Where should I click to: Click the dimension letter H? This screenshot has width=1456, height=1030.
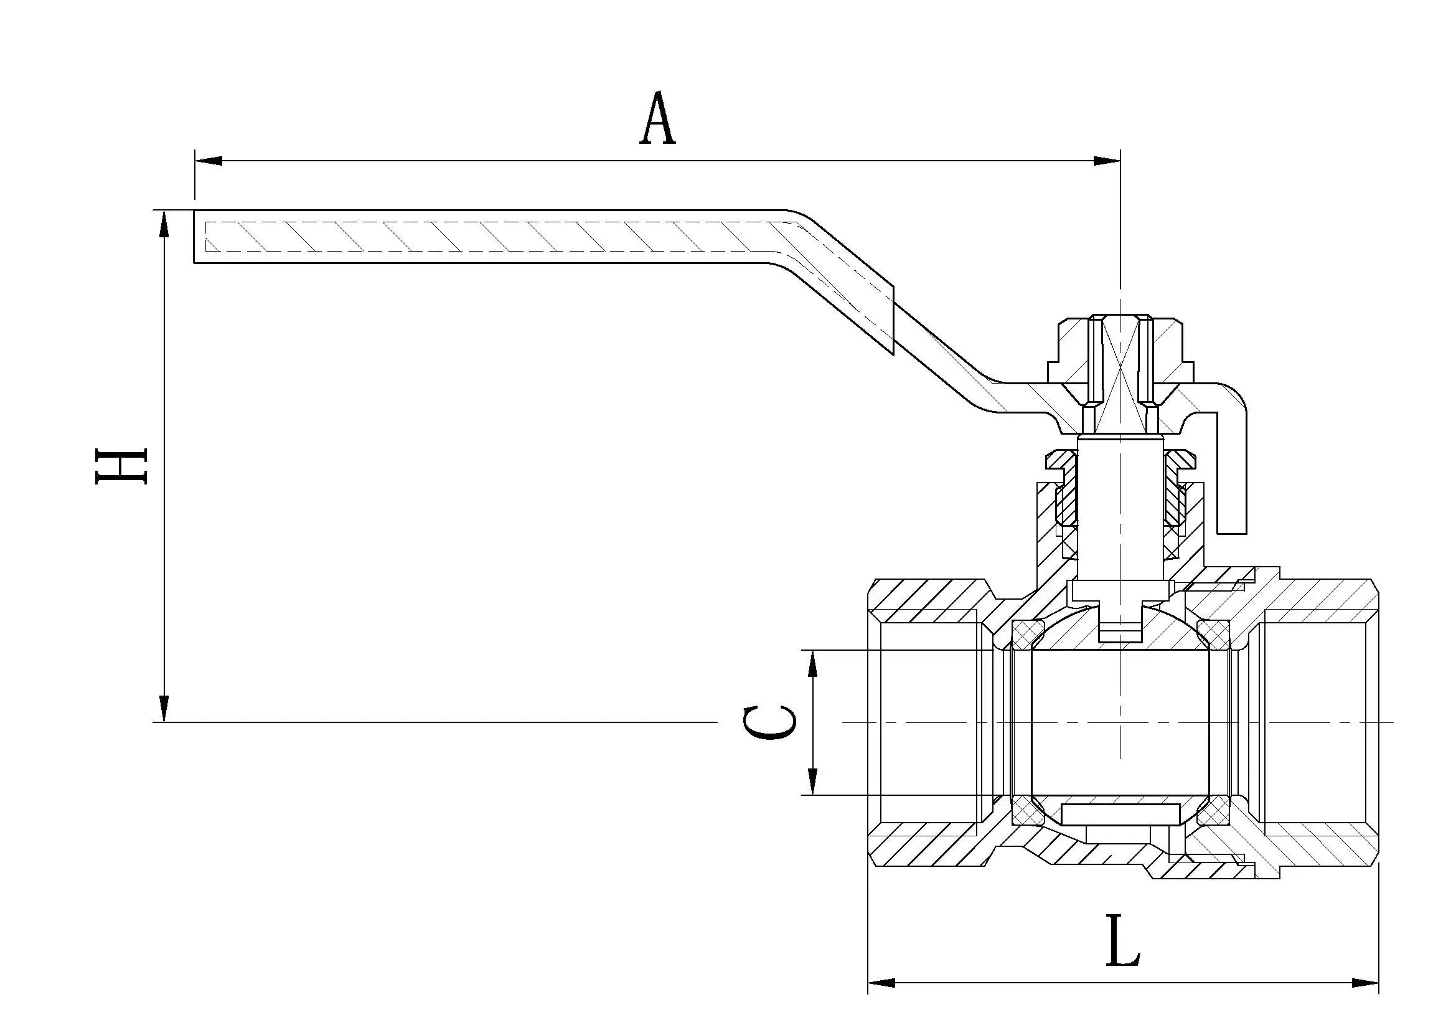click(x=121, y=466)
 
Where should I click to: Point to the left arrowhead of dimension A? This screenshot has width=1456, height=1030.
click(x=209, y=161)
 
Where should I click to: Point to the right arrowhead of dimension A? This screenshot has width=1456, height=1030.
click(x=1106, y=161)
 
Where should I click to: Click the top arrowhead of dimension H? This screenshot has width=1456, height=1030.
click(x=164, y=225)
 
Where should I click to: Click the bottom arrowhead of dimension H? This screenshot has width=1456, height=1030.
click(x=164, y=708)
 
